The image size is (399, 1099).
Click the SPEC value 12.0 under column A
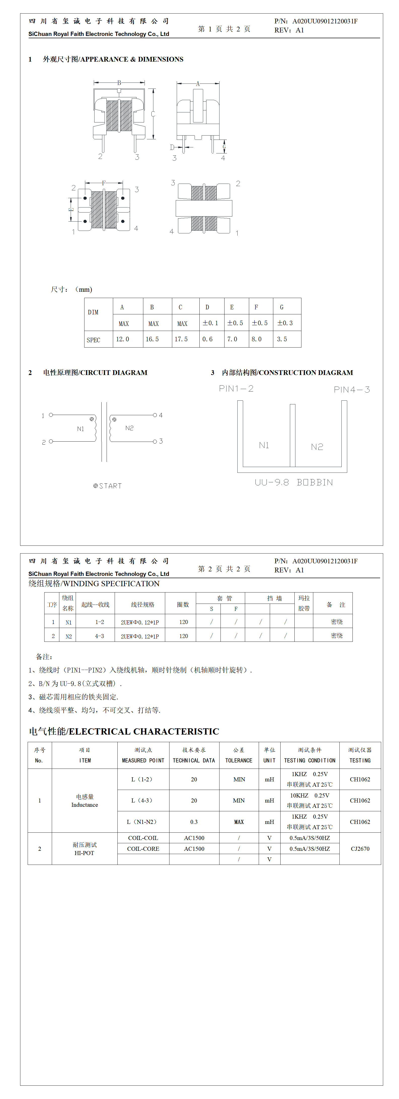pos(122,339)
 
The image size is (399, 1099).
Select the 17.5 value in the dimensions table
pos(181,339)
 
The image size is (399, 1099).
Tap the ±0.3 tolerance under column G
pos(285,323)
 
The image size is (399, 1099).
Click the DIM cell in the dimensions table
pos(93,312)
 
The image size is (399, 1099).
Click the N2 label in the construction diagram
pos(317,447)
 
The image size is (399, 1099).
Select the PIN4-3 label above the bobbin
pos(352,390)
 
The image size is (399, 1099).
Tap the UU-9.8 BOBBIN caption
pos(294,483)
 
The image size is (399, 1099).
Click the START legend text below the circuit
pos(110,486)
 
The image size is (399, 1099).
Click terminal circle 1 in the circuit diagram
pos(51,415)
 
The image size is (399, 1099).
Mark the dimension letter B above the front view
pos(119,83)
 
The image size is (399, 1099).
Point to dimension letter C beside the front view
pos(153,114)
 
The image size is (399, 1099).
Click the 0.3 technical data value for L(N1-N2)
pos(194,822)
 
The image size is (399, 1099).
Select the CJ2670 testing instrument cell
pos(360,849)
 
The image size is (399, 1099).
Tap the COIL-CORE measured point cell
pos(143,849)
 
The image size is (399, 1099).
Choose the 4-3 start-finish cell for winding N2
pos(99,636)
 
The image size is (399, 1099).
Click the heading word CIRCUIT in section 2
pos(98,372)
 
